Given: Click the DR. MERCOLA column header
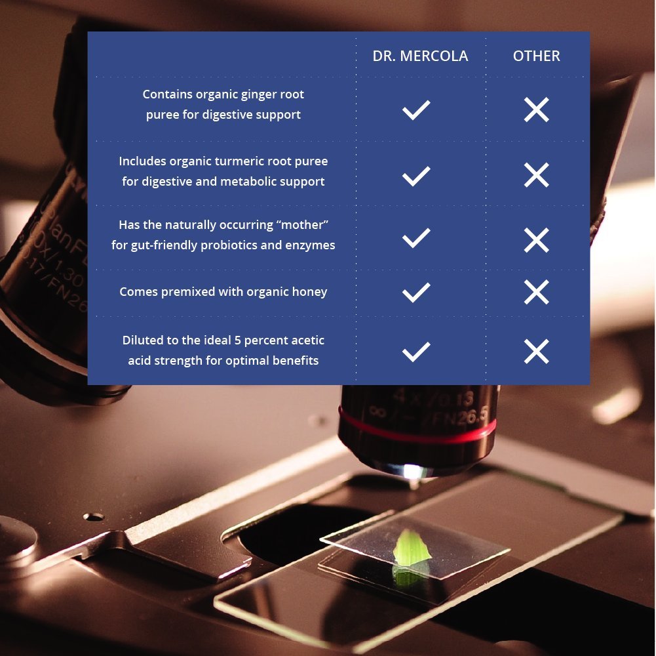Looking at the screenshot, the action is click(x=420, y=56).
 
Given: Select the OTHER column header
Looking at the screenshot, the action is click(x=536, y=56).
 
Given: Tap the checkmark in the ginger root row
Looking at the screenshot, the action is click(x=416, y=110).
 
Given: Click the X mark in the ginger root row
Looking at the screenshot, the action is click(x=536, y=110).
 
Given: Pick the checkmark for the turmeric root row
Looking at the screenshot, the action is click(x=416, y=176).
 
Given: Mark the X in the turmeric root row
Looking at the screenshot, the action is click(x=536, y=174).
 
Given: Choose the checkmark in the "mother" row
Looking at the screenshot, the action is click(x=416, y=238).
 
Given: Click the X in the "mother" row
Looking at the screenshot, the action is click(x=536, y=240).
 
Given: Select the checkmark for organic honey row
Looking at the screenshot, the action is click(x=416, y=293).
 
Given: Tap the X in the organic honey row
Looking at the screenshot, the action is click(x=536, y=292).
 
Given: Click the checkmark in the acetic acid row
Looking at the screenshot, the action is click(x=416, y=352).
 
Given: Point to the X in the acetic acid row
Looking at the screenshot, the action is click(x=536, y=352).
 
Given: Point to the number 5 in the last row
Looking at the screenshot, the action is click(x=237, y=340).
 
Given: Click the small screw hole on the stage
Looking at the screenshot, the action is click(x=94, y=517).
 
